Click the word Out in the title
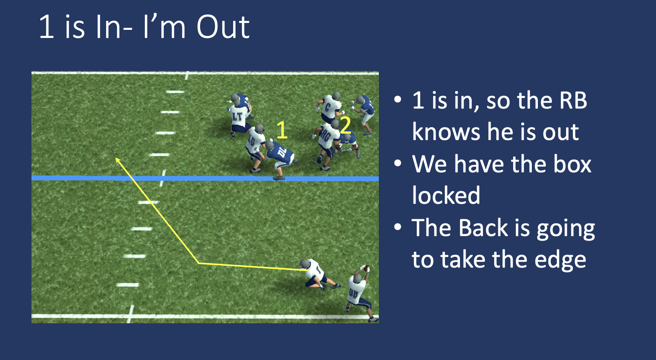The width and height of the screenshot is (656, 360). coord(223,27)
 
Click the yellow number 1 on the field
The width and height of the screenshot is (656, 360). coord(282,130)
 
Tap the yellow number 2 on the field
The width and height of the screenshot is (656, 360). coord(345,126)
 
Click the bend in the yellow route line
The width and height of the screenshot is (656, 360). coord(198,263)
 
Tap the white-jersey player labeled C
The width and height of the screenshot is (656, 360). coord(329,107)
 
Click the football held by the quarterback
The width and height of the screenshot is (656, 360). coord(365,268)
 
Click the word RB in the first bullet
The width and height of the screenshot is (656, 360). coord(572,100)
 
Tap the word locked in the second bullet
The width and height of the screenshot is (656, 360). coord(446,196)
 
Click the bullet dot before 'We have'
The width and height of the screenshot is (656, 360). coord(398,163)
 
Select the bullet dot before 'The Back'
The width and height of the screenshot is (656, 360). coord(398,227)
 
